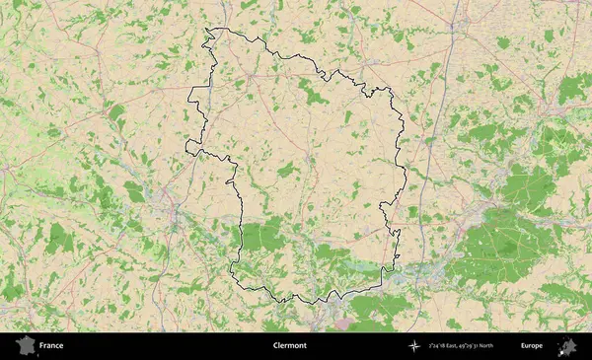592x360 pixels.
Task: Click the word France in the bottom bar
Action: click(x=51, y=346)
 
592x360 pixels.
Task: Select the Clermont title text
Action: click(x=290, y=346)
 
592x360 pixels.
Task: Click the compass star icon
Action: click(x=413, y=346)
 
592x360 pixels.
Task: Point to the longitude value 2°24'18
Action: click(x=441, y=346)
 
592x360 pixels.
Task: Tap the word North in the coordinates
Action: click(x=512, y=346)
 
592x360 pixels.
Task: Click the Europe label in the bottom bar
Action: click(x=532, y=346)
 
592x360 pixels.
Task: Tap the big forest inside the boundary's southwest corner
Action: click(x=261, y=235)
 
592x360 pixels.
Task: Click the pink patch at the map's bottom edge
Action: click(x=340, y=324)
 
